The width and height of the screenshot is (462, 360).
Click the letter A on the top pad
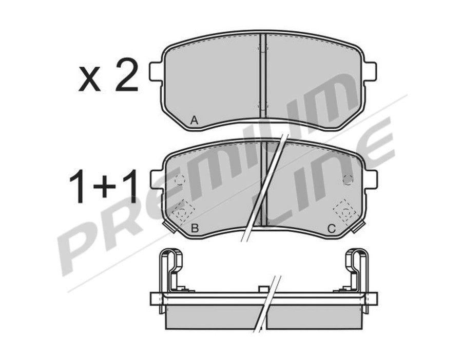pos(194,120)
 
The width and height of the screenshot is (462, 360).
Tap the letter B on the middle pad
pos(195,228)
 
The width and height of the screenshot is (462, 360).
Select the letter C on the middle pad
pos(332,228)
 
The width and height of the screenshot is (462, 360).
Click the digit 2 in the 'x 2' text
pos(127,74)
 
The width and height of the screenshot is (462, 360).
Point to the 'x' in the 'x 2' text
pos(89,79)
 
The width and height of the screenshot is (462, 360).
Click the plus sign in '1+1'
pos(104,186)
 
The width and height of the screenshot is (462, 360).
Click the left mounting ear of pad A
pos(156,71)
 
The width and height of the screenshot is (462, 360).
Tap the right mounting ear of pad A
pos(371,71)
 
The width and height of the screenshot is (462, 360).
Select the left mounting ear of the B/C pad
pos(157,179)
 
